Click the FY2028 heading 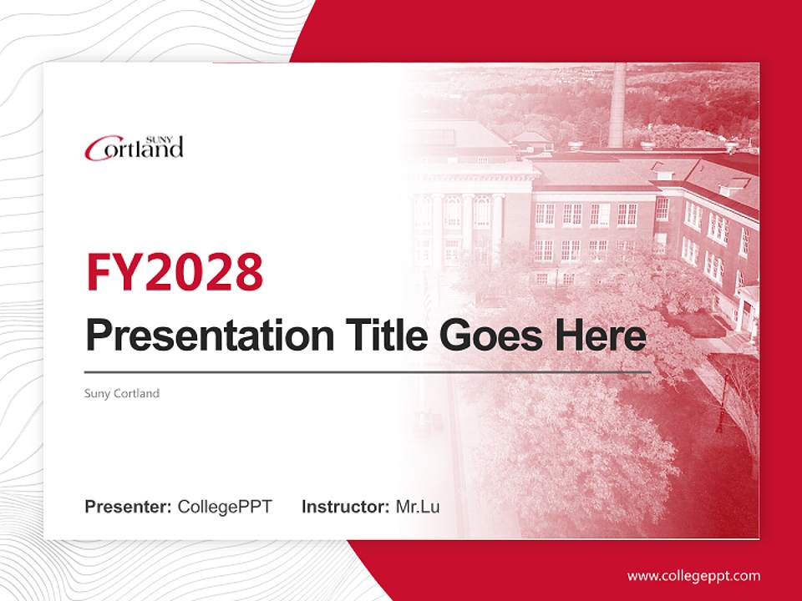click(175, 272)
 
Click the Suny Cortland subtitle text click(122, 393)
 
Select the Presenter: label click(129, 507)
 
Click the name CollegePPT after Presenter click(225, 507)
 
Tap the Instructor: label click(345, 507)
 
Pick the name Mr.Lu click(418, 507)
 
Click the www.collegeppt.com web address click(693, 576)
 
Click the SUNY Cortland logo click(134, 148)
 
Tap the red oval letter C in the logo click(97, 150)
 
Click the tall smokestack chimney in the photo click(617, 104)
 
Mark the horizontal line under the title click(368, 371)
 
